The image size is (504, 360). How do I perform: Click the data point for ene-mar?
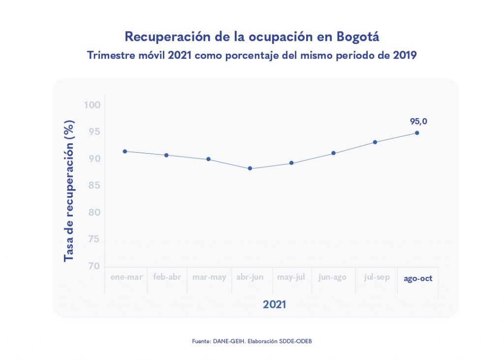click(125, 151)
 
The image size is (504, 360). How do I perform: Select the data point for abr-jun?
click(250, 168)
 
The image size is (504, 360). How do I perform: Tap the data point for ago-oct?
click(417, 133)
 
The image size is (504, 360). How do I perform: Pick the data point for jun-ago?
click(333, 153)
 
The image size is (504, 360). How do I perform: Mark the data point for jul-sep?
click(375, 142)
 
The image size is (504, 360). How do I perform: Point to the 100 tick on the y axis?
click(92, 105)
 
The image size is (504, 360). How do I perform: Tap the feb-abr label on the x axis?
click(167, 277)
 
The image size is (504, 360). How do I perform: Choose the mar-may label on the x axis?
click(209, 277)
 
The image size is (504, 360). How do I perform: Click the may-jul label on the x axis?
click(291, 277)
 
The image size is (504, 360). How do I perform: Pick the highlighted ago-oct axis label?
click(418, 278)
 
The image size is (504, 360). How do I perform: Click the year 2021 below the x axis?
click(275, 304)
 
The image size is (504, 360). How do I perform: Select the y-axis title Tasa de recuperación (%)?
click(69, 191)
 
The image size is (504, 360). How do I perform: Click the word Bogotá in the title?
click(358, 37)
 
